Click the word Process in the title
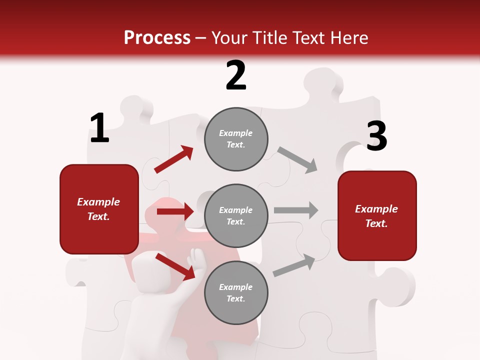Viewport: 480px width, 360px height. coord(157,38)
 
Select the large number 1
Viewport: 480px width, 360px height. coord(99,128)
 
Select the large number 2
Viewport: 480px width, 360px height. coord(236,75)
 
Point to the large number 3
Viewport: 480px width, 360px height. coord(376,136)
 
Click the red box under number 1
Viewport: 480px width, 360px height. coord(99,209)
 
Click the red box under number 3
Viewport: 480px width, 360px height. coord(377,215)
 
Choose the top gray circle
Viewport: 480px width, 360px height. coord(236,139)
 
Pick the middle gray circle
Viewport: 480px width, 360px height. coord(236,215)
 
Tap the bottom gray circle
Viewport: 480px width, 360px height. coord(236,292)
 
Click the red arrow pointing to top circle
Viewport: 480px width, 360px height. coord(173,159)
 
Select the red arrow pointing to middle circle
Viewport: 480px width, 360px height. coord(175,211)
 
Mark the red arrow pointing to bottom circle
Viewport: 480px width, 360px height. coord(175,266)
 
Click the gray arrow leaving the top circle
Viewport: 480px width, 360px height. coord(297,159)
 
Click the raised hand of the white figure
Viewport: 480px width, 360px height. coord(195,259)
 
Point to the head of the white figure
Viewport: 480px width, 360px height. coord(148,270)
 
